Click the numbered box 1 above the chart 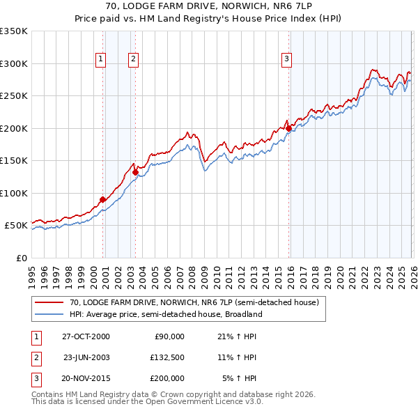tap(101, 60)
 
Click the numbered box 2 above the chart tap(132, 60)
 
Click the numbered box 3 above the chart tap(286, 60)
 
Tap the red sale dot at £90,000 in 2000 tap(102, 199)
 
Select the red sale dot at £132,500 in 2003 tap(135, 172)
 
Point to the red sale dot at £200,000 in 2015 tap(288, 128)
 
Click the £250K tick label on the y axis tap(14, 96)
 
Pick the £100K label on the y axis tap(14, 193)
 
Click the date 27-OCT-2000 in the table tap(86, 336)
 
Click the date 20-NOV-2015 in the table tap(86, 378)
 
